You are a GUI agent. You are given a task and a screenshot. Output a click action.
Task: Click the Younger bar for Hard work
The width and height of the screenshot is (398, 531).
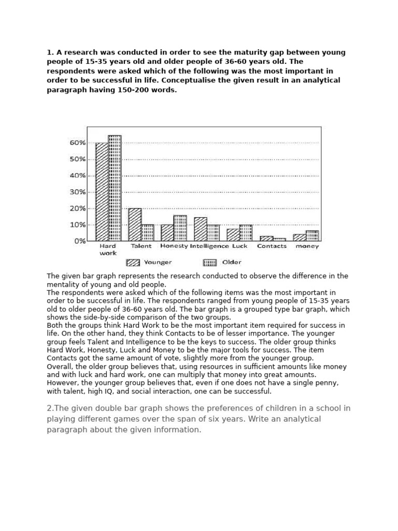(x=102, y=192)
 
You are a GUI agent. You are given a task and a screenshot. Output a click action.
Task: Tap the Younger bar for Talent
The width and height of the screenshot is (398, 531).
(x=135, y=225)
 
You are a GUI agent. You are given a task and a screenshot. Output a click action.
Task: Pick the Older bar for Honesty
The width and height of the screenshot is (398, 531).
(x=180, y=228)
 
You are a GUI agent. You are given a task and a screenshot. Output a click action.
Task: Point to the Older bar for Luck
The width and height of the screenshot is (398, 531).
(x=246, y=233)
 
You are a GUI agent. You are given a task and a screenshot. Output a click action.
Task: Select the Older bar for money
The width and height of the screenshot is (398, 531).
(x=312, y=236)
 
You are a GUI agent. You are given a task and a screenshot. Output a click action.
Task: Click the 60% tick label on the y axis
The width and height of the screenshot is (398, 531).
(x=77, y=143)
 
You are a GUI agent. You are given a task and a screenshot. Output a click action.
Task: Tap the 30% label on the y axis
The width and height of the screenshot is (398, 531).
(x=77, y=192)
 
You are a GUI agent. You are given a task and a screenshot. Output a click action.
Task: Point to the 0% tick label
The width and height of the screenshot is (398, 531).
(x=79, y=241)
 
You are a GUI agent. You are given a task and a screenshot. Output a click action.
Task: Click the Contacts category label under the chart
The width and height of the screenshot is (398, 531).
(x=272, y=246)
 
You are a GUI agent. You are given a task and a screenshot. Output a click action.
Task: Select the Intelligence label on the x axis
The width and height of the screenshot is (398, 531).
(x=209, y=246)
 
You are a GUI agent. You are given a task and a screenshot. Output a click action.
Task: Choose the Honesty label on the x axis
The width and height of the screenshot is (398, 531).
(x=174, y=246)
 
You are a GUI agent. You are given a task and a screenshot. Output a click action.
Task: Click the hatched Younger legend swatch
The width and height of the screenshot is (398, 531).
(x=133, y=262)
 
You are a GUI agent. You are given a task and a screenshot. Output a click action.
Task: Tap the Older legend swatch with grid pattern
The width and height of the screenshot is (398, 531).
(x=210, y=262)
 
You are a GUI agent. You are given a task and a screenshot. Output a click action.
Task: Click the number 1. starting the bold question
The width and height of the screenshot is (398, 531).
(x=50, y=53)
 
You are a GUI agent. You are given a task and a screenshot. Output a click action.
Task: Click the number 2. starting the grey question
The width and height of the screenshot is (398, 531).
(x=50, y=408)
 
